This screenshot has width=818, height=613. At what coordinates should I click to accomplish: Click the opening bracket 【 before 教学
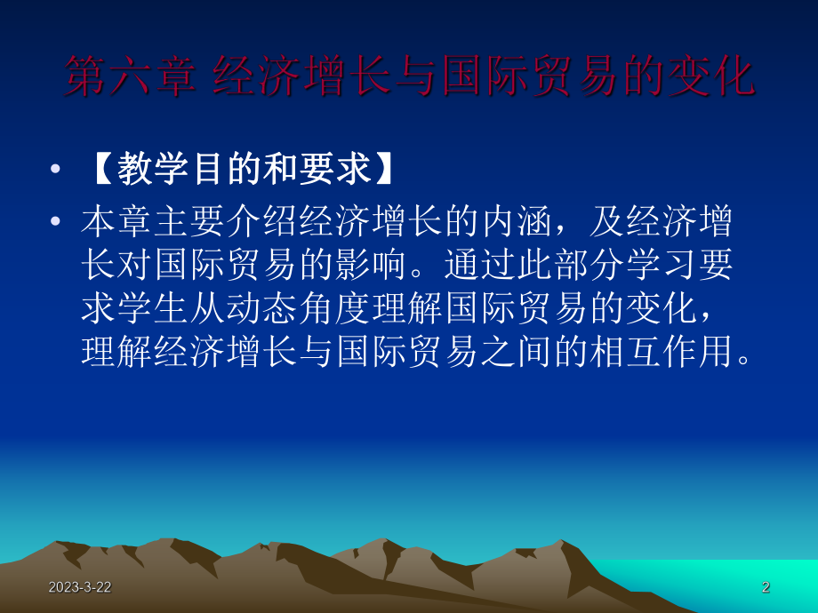[x=99, y=169]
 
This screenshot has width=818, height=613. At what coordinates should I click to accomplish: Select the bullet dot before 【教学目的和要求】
[x=57, y=170]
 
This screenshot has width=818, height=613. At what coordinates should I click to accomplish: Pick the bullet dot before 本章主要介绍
[x=57, y=222]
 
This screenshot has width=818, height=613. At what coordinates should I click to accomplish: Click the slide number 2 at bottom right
[x=766, y=587]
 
